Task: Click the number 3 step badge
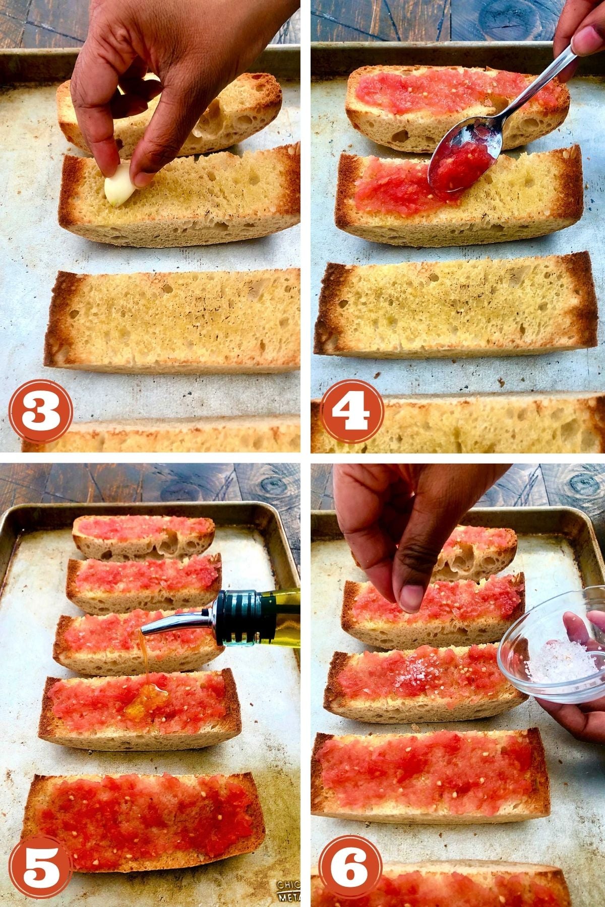pos(41,412)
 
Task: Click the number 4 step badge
pos(352,412)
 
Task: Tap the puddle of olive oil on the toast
pos(146,698)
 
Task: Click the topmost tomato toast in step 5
pos(144,532)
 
